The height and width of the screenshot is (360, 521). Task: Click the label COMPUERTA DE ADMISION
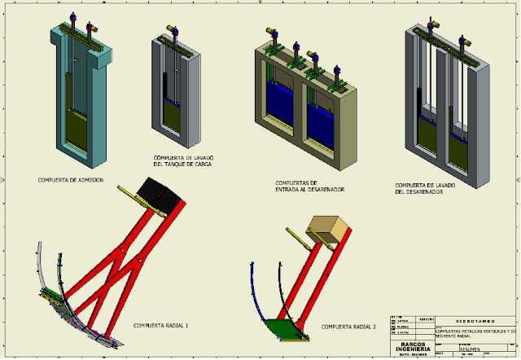pos(71,180)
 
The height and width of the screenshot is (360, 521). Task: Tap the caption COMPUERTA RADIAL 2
pos(348,326)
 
